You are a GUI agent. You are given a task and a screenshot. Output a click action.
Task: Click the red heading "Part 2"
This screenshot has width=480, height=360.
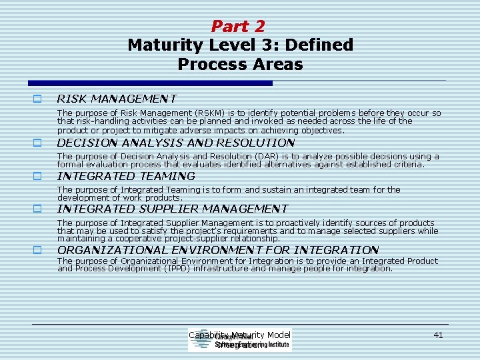pyautogui.click(x=238, y=27)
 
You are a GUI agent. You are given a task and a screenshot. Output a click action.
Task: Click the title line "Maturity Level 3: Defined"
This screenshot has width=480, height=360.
pyautogui.click(x=240, y=45)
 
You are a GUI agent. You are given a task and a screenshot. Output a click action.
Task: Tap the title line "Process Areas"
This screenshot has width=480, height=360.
pyautogui.click(x=240, y=65)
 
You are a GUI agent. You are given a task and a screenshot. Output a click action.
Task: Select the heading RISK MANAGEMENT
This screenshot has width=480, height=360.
pyautogui.click(x=117, y=99)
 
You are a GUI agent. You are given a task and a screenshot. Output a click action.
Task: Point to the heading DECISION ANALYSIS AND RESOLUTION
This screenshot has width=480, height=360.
pyautogui.click(x=176, y=143)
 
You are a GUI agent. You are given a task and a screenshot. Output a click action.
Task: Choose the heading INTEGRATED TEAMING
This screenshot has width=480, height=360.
pyautogui.click(x=126, y=176)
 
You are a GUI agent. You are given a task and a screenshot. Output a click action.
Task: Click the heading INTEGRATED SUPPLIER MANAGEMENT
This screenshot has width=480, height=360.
pyautogui.click(x=173, y=209)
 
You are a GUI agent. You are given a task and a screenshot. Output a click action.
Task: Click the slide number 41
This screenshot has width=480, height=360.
pyautogui.click(x=438, y=335)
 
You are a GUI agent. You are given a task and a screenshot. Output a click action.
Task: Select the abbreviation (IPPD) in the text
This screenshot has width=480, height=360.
pyautogui.click(x=179, y=269)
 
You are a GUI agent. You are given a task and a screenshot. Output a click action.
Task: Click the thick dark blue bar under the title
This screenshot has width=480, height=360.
pyautogui.click(x=150, y=83)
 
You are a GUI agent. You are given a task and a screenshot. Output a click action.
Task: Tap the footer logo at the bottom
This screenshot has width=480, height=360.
pyautogui.click(x=240, y=341)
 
